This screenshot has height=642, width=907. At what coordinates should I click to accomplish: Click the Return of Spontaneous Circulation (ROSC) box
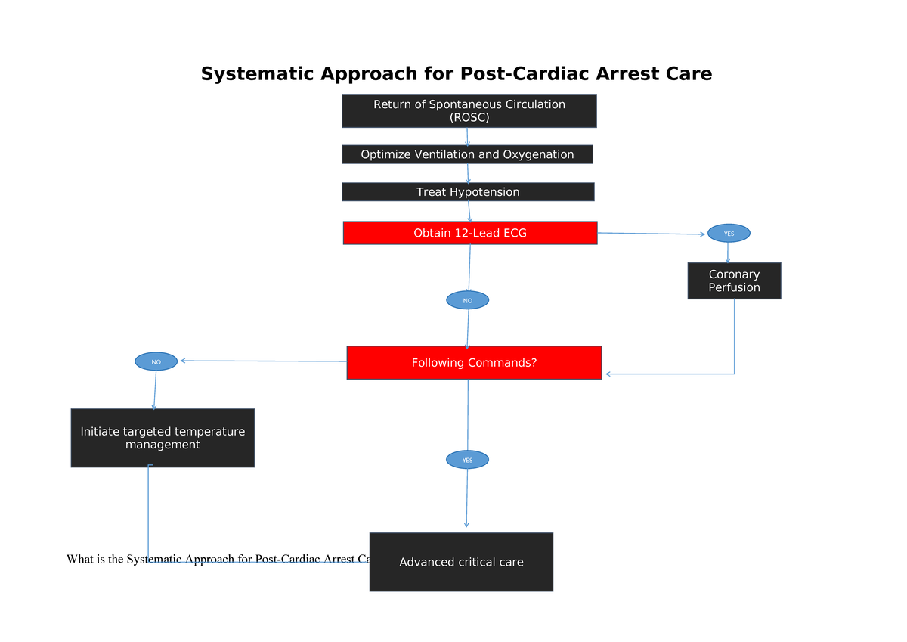(469, 110)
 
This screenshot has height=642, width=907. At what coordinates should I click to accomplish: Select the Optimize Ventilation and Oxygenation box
(467, 154)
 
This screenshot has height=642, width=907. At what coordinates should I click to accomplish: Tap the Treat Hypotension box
(468, 192)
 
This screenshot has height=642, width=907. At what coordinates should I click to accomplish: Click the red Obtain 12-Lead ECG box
(469, 233)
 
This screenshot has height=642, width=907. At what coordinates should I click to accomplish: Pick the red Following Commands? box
(474, 363)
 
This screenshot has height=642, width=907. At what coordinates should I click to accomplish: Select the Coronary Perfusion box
(734, 281)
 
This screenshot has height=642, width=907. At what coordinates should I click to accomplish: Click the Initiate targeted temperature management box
(163, 438)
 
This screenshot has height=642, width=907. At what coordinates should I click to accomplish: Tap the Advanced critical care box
(461, 562)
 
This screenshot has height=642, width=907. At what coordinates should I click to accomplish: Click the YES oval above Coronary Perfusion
(729, 233)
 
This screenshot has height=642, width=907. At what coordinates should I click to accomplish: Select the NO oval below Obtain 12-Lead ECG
(467, 300)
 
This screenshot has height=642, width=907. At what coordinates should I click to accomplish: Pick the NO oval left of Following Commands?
(156, 361)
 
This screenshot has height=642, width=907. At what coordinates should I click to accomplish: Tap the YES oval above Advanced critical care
(467, 459)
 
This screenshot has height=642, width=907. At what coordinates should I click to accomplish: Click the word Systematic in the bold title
(257, 74)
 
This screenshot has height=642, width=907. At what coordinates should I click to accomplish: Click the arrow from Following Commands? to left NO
(265, 361)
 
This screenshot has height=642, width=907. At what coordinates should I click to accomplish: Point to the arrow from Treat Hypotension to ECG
(469, 211)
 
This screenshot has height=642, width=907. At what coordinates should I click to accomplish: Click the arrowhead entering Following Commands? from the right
(609, 374)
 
